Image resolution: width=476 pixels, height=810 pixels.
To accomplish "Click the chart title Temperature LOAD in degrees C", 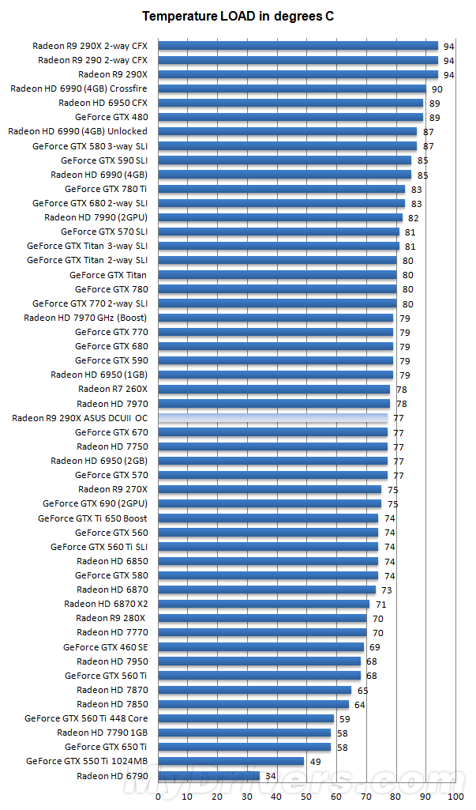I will [238, 16].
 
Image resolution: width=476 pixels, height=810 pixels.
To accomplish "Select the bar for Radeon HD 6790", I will [209, 775].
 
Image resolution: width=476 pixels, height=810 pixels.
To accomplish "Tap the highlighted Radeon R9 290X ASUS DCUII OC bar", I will [273, 418].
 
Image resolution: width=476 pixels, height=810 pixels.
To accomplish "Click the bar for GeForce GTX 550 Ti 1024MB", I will [231, 761].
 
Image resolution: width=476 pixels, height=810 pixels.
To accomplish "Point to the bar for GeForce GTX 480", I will [290, 117].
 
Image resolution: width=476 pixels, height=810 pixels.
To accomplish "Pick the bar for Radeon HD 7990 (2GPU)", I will [280, 217].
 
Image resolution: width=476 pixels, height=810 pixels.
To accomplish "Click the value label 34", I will [271, 775].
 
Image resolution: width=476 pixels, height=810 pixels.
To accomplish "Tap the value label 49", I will [315, 761].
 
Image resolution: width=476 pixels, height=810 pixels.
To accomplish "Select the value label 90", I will [437, 89].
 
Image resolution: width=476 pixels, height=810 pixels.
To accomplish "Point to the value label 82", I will [413, 217].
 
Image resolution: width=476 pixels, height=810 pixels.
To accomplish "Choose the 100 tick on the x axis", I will [455, 797].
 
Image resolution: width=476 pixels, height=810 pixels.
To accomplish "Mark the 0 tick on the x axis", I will [159, 797].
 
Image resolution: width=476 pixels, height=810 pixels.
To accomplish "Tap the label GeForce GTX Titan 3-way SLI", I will [87, 246].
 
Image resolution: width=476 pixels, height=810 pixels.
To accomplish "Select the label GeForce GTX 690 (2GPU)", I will [95, 503].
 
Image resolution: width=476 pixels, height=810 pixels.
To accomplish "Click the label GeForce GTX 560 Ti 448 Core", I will [86, 718].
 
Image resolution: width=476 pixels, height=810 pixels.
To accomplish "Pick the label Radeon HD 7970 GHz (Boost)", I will [85, 318].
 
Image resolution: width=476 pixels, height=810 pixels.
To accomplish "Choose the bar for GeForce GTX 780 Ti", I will [282, 189].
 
